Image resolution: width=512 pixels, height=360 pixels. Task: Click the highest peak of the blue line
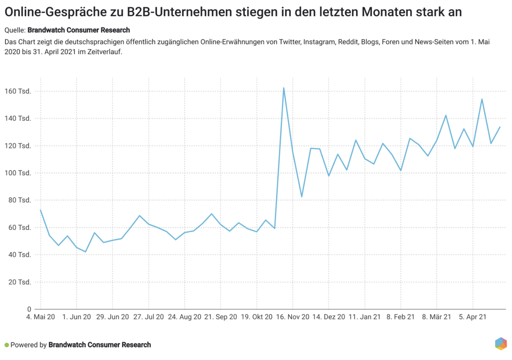(x=284, y=88)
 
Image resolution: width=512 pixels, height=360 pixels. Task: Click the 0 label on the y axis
(x=29, y=309)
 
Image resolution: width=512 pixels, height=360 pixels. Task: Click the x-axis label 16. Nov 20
(x=293, y=317)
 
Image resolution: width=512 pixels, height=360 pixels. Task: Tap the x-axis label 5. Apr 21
(x=473, y=317)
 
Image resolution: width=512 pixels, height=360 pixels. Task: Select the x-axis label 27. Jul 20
(x=149, y=317)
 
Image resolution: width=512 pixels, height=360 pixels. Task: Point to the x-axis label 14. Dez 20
(x=329, y=317)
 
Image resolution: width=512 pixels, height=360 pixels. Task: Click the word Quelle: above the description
(x=14, y=30)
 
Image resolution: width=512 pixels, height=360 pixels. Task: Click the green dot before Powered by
(x=6, y=345)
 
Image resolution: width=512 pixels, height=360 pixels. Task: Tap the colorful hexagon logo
(x=501, y=343)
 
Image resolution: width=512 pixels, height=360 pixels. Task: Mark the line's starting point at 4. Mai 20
(x=40, y=209)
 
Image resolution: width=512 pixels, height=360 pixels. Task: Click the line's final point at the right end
(x=500, y=127)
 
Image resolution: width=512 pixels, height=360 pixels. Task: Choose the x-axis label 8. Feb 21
(x=401, y=317)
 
